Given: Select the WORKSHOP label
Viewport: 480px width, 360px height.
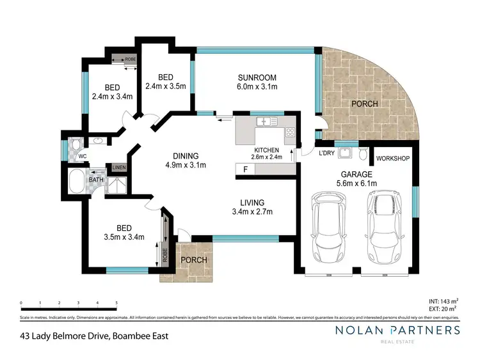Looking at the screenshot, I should click(393, 158).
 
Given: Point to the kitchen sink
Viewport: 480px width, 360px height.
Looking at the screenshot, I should click(263, 121).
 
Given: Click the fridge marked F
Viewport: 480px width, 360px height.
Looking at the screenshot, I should click(244, 169).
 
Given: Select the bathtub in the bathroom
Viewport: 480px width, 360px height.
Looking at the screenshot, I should click(76, 182).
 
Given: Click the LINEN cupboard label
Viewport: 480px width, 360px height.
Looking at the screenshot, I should click(120, 168).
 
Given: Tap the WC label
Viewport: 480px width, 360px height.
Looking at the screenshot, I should click(82, 156).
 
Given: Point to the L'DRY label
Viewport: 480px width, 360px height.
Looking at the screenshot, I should click(328, 153).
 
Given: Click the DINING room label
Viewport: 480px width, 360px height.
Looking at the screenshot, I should click(184, 155).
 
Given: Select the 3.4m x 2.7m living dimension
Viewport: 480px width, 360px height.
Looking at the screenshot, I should click(252, 212).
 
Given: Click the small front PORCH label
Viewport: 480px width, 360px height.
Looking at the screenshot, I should click(192, 260).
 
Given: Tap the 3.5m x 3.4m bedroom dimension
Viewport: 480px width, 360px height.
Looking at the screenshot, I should click(122, 237).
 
